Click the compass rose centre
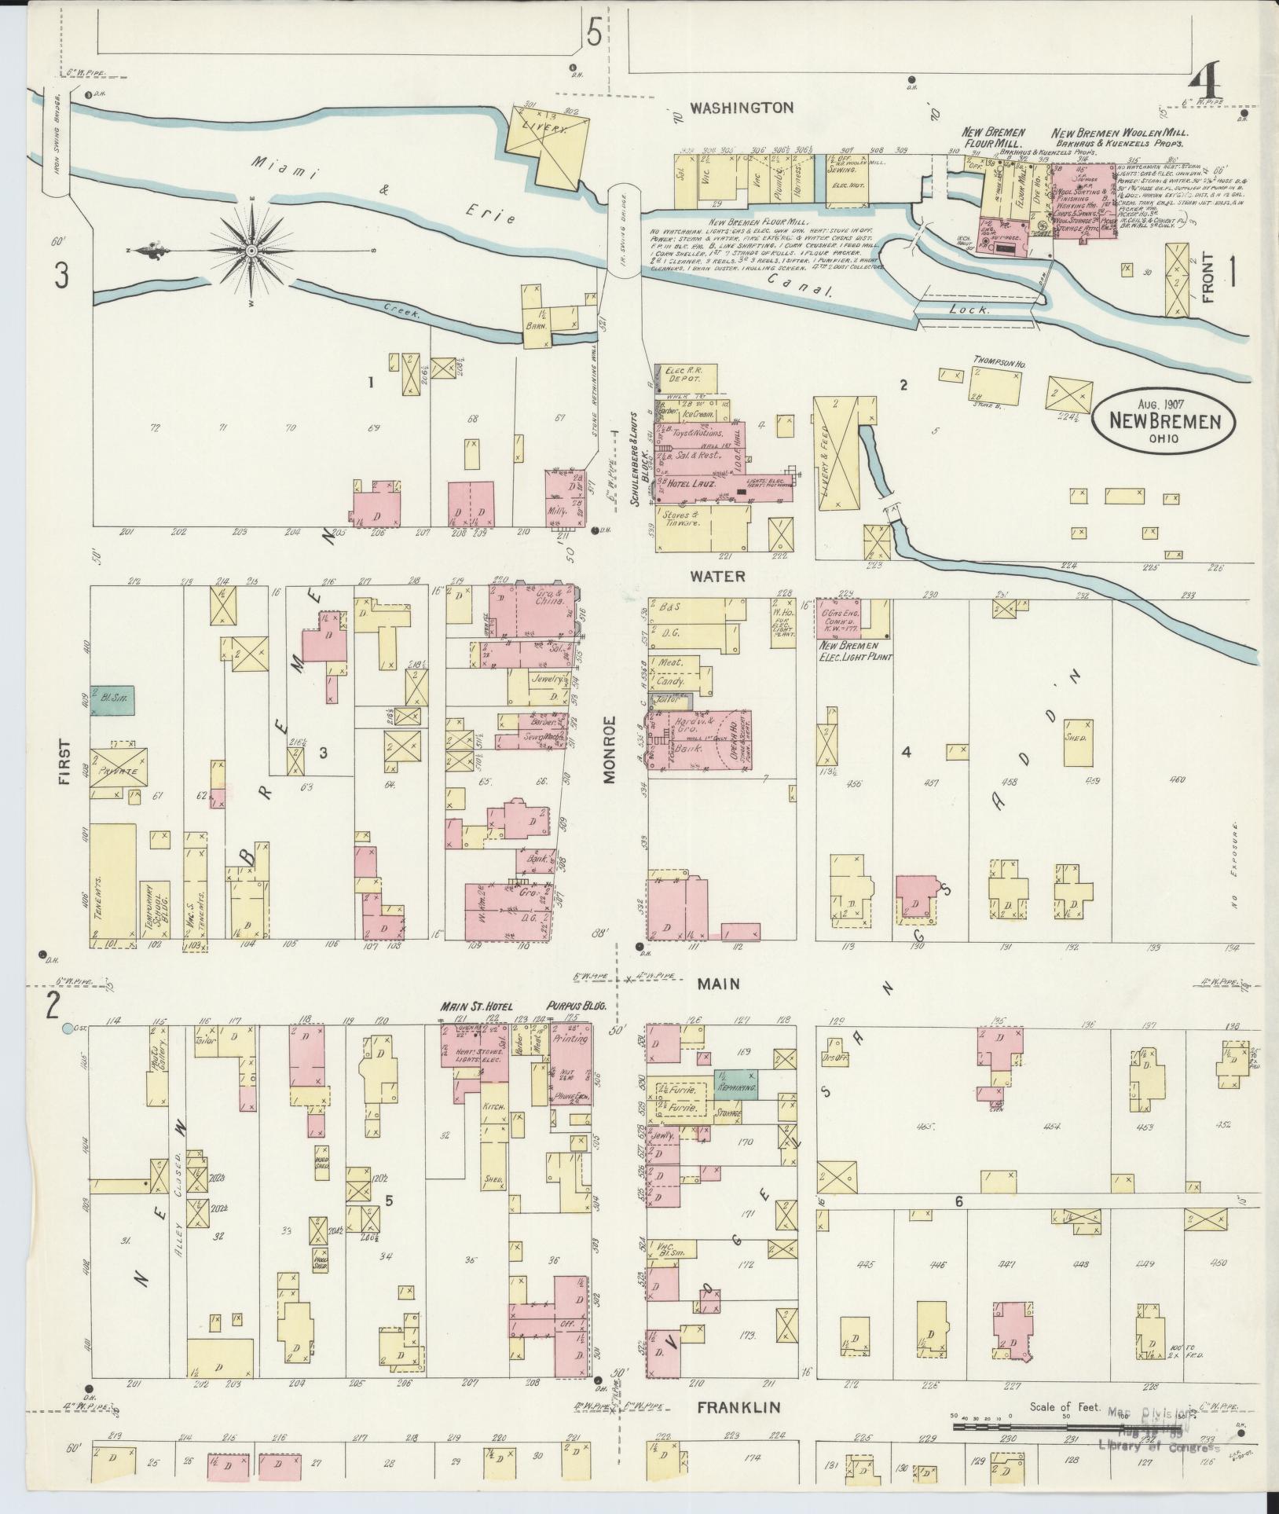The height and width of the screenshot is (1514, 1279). [x=251, y=251]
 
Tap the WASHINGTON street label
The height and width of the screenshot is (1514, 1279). [x=742, y=108]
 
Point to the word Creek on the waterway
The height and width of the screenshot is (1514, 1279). [x=401, y=312]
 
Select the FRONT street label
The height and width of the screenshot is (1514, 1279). [x=1208, y=277]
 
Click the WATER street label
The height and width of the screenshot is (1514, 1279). [x=716, y=576]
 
